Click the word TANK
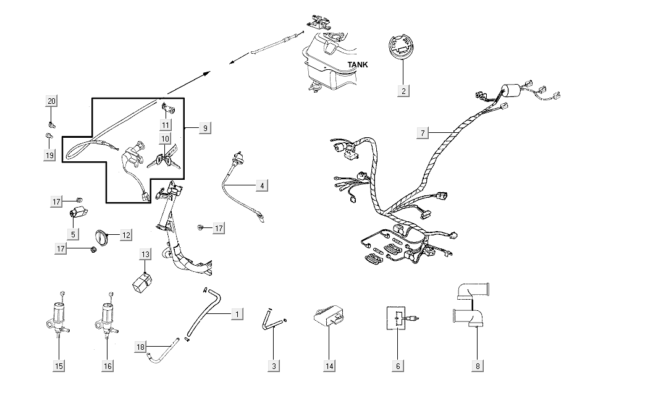pos(357,64)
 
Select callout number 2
pos(404,91)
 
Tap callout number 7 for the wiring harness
pos(423,133)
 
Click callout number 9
pos(206,127)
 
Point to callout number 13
pos(145,254)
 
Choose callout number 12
pos(126,235)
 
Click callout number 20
pos(51,101)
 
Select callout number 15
pos(59,366)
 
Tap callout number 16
pos(107,366)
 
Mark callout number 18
pos(140,347)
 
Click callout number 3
pos(274,366)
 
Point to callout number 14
pos(330,366)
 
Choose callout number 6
pos(398,366)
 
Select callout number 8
pos(478,366)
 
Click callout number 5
pos(73,234)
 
